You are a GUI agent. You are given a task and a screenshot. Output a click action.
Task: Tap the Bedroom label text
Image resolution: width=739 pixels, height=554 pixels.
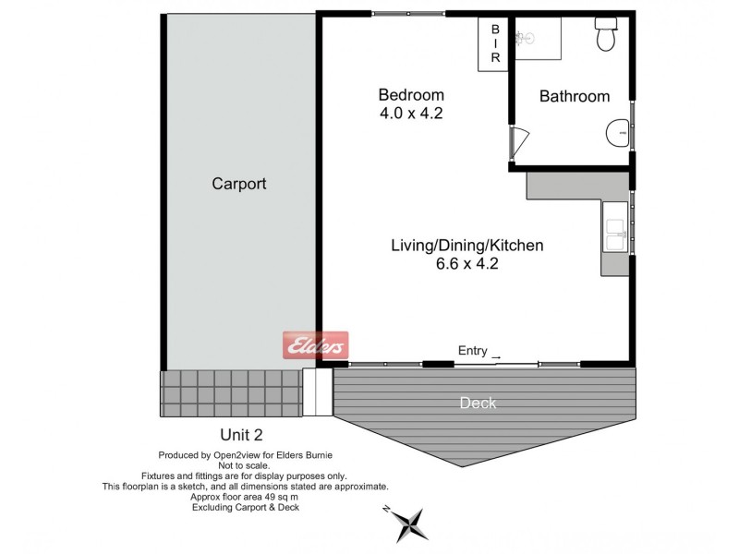pyautogui.click(x=411, y=95)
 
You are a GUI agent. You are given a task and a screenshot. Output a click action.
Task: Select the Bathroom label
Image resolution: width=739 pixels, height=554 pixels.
pyautogui.click(x=574, y=96)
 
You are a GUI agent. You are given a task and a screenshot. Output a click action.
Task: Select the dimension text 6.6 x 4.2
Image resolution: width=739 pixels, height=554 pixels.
pyautogui.click(x=466, y=263)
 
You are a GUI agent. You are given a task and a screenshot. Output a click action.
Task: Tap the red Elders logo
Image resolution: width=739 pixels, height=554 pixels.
pyautogui.click(x=314, y=346)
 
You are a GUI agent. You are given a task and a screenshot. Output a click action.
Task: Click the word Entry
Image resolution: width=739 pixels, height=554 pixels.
pyautogui.click(x=472, y=350)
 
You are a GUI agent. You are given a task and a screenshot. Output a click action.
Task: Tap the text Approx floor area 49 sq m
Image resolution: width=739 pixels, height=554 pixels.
pyautogui.click(x=245, y=497)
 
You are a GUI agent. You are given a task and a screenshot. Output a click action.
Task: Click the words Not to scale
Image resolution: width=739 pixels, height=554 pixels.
pyautogui.click(x=245, y=465)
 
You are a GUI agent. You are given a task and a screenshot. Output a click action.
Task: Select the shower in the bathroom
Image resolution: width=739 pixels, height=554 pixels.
pyautogui.click(x=537, y=40)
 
